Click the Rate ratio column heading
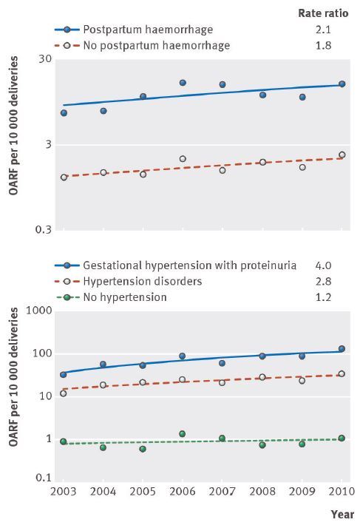pyautogui.click(x=323, y=13)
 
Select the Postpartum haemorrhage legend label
pyautogui.click(x=148, y=30)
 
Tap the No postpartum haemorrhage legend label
pyautogui.click(x=157, y=46)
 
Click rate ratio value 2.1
pyautogui.click(x=323, y=30)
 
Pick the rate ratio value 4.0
pyautogui.click(x=323, y=265)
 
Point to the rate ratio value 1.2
pyautogui.click(x=323, y=297)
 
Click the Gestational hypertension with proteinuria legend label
pyautogui.click(x=190, y=266)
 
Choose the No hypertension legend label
pyautogui.click(x=125, y=297)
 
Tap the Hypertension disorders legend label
pyautogui.click(x=143, y=282)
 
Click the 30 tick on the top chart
pyautogui.click(x=46, y=59)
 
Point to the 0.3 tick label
pyautogui.click(x=44, y=230)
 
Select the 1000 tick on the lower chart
pyautogui.click(x=39, y=311)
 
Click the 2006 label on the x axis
pyautogui.click(x=183, y=492)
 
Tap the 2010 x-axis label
pyautogui.click(x=342, y=492)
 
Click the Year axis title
pyautogui.click(x=342, y=515)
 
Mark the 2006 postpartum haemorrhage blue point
pyautogui.click(x=183, y=83)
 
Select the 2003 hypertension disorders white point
pyautogui.click(x=64, y=393)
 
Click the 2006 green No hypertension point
pyautogui.click(x=183, y=434)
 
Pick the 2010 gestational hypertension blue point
pyautogui.click(x=342, y=349)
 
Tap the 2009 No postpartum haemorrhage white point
pyautogui.click(x=302, y=167)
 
